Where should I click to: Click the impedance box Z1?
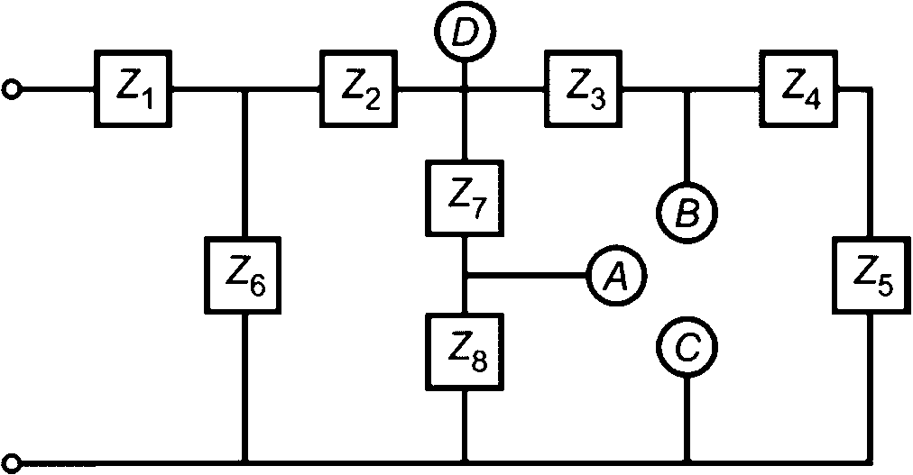click(x=134, y=89)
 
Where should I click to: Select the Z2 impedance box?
click(x=358, y=89)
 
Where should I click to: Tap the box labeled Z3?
click(x=583, y=89)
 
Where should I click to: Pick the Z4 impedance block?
click(x=798, y=89)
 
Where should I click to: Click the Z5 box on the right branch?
click(x=871, y=276)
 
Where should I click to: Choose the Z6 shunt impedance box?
click(x=243, y=276)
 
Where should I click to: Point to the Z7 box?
click(x=465, y=197)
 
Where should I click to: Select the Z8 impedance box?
click(x=465, y=352)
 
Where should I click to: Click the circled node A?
click(x=617, y=275)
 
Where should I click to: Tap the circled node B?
click(x=687, y=212)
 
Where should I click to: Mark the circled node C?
click(x=687, y=347)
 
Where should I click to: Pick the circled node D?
click(x=465, y=32)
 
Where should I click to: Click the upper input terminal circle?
click(x=12, y=89)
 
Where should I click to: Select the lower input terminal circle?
click(x=12, y=463)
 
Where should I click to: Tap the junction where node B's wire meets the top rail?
click(x=687, y=89)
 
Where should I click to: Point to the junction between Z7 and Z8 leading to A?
click(x=465, y=275)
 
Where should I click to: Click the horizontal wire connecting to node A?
click(x=526, y=275)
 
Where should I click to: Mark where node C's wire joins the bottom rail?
click(x=687, y=462)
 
